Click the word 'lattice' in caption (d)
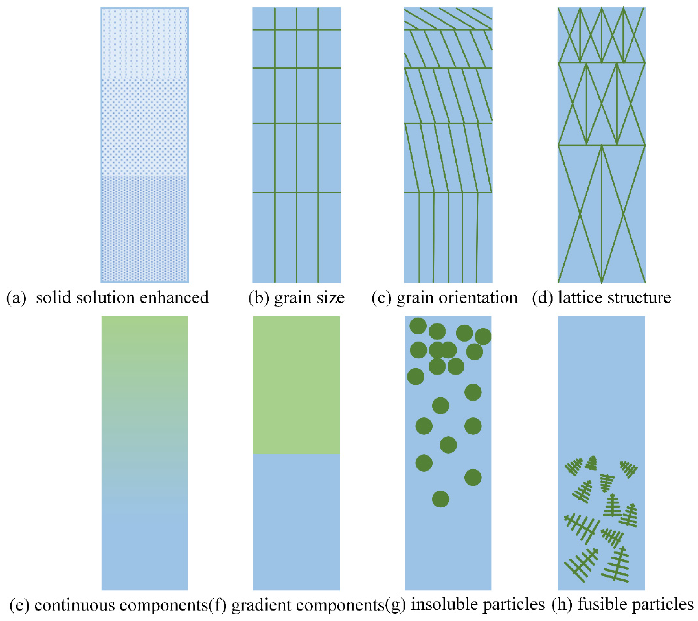click(x=577, y=298)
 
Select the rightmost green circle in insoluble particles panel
click(x=483, y=337)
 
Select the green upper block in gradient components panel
click(x=296, y=385)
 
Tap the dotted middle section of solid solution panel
click(x=145, y=127)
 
